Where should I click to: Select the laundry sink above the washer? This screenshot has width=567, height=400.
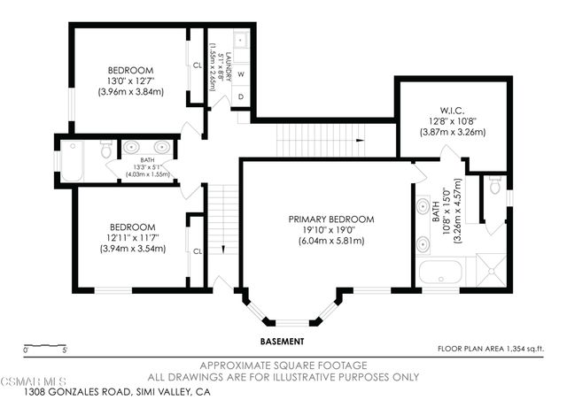point(241,42)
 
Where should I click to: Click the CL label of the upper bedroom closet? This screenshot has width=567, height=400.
point(197,64)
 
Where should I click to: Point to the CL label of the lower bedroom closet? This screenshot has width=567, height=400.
point(197,250)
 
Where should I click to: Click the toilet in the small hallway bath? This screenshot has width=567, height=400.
point(105,150)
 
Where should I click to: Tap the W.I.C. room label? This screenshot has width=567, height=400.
point(452,112)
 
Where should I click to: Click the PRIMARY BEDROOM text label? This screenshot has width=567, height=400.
point(330,219)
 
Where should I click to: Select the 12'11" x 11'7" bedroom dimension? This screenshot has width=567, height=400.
point(130,238)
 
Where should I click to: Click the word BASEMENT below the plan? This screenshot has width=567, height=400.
point(282,341)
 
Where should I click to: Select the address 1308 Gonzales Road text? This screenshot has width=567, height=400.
point(117,391)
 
